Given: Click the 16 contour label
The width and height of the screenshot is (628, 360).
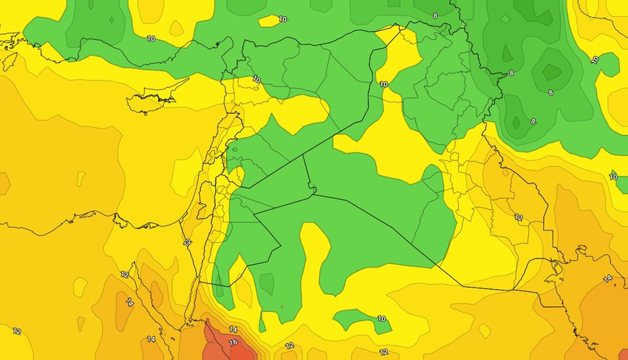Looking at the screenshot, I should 233,343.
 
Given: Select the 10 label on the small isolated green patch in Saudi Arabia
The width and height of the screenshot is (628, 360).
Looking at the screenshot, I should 381,319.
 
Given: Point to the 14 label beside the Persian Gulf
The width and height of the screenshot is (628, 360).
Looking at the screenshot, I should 607,279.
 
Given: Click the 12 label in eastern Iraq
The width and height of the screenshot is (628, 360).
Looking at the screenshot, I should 519,217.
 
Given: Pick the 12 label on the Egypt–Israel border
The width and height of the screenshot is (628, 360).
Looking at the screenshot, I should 187,242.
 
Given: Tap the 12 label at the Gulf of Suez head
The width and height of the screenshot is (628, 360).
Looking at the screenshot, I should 124,275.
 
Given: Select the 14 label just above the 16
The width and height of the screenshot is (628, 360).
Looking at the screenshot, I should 233,330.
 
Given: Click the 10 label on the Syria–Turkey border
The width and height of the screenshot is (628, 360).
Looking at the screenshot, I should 256,79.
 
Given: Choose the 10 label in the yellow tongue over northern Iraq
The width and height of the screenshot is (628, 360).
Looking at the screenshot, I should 383,84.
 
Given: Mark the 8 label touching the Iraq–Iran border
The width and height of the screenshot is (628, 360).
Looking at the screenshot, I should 511,74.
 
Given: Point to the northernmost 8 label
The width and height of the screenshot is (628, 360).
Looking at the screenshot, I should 435,15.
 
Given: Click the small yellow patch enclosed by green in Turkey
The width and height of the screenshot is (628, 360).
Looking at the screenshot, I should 270,21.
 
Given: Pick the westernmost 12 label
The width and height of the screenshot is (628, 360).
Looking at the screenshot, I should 17,331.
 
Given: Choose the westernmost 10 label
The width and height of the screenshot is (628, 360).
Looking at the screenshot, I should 151,38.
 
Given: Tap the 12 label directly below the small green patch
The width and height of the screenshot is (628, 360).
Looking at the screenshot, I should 383,352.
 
